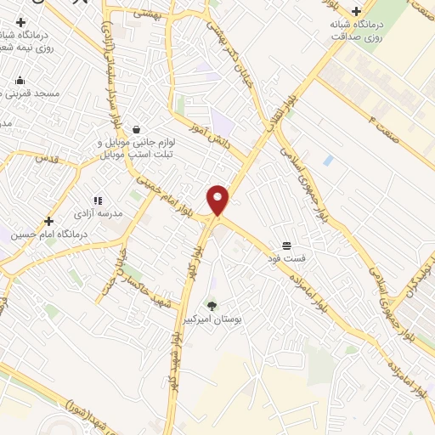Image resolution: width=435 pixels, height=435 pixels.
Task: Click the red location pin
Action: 218,200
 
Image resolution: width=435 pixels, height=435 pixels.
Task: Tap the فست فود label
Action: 285,257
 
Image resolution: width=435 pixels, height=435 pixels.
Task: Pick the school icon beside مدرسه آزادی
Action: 98,201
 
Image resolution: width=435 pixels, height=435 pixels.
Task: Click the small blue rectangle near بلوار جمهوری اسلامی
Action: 328,160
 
